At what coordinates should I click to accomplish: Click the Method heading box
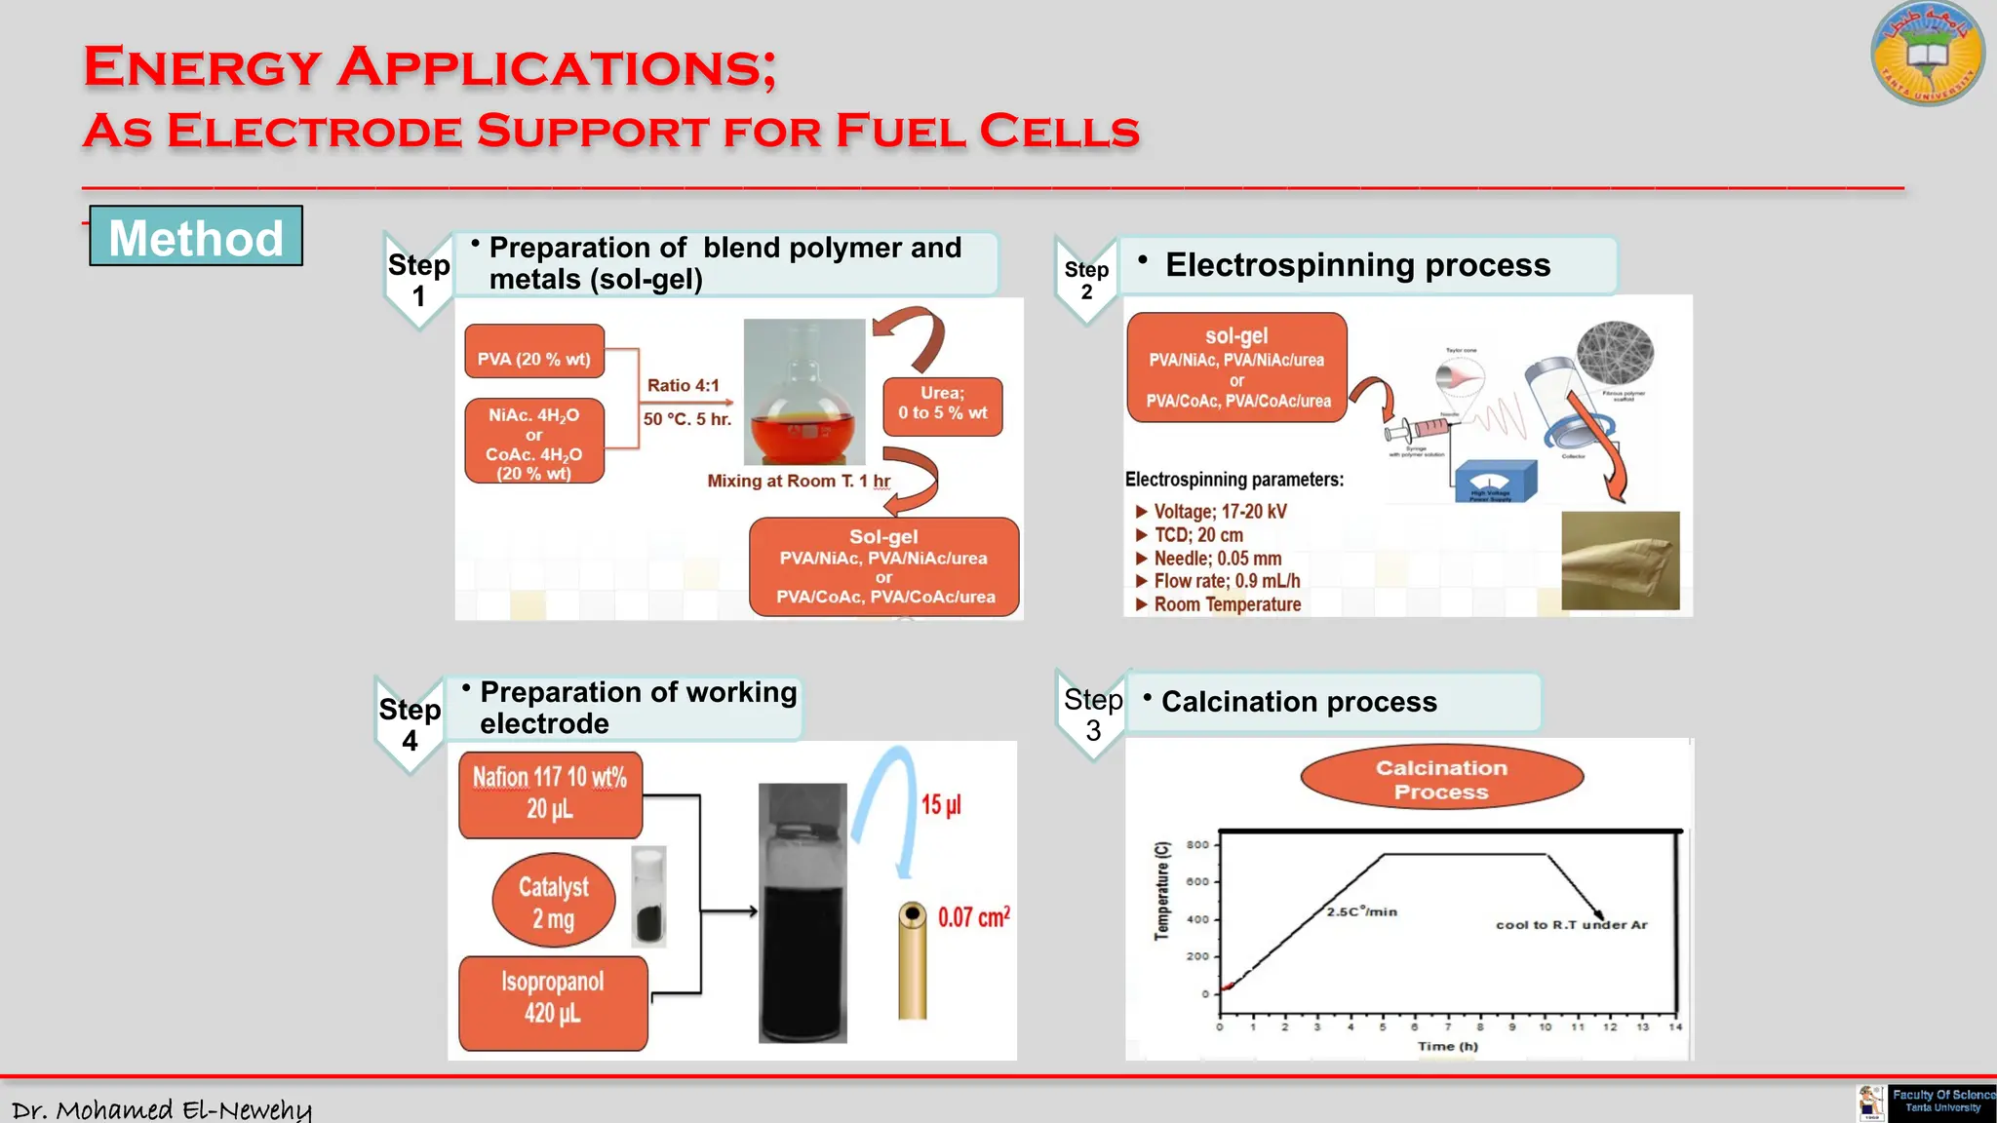[196, 237]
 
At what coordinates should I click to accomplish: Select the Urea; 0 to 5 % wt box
[942, 404]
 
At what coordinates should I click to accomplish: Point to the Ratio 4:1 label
[683, 385]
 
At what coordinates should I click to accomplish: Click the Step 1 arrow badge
[418, 280]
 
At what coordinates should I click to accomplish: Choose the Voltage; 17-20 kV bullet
[1219, 512]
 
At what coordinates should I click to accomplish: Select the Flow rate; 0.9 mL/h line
[1226, 581]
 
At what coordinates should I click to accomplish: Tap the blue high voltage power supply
[1495, 481]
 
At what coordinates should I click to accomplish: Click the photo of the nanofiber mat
[1620, 561]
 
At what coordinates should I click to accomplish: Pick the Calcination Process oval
[1441, 779]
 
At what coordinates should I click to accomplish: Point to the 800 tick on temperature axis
[1198, 845]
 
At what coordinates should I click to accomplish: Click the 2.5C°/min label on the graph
[1361, 911]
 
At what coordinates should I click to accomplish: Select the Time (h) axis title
[1447, 1046]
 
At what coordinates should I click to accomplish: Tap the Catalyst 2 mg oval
[553, 902]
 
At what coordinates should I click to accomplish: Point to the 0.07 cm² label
[973, 916]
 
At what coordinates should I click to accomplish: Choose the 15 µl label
[941, 804]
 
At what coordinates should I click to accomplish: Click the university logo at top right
[1927, 54]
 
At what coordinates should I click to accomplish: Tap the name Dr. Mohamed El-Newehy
[162, 1109]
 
